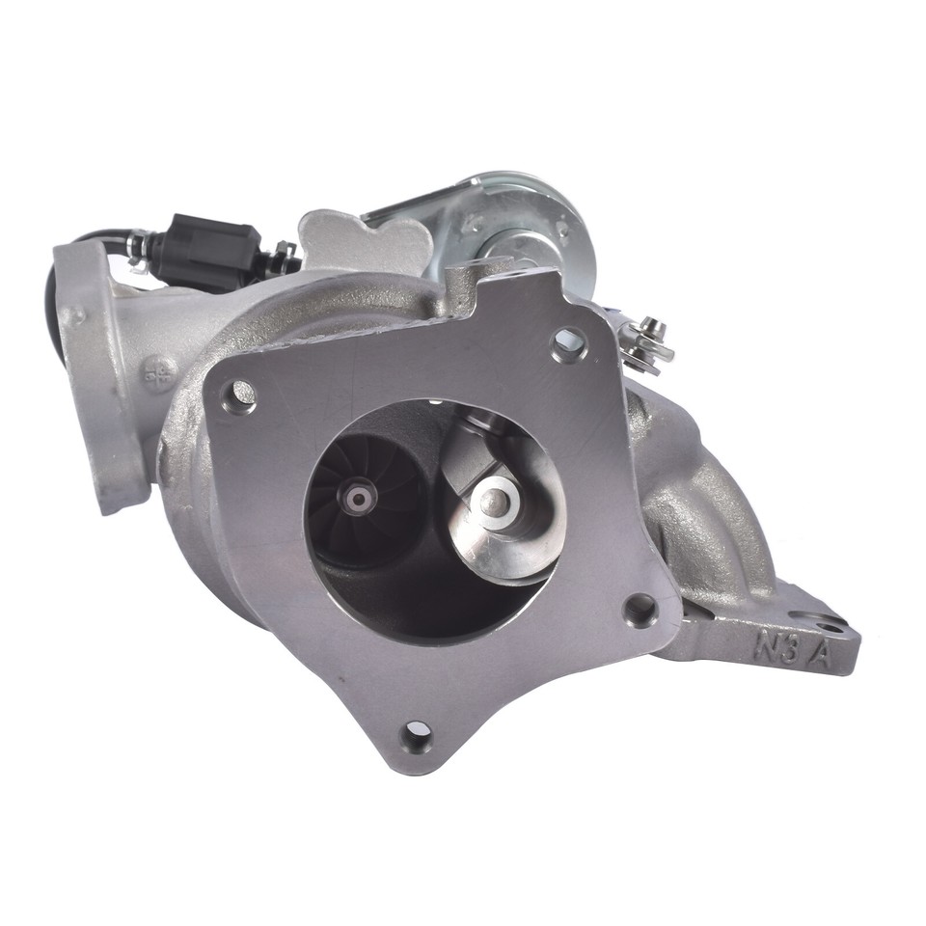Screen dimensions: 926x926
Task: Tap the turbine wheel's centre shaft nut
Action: pos(359,499)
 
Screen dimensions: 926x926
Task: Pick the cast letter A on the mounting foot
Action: pos(822,656)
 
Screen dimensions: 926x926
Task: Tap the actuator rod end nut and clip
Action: pos(642,341)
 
